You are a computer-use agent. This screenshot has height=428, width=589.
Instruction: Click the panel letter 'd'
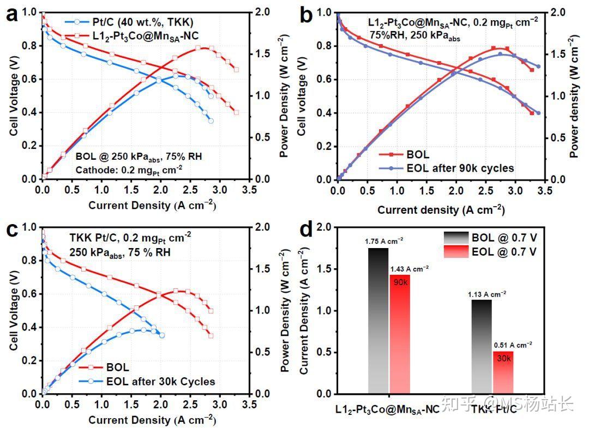point(307,229)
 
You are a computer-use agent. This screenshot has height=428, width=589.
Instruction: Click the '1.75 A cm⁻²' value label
point(384,240)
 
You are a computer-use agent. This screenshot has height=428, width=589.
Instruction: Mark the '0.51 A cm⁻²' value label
point(513,345)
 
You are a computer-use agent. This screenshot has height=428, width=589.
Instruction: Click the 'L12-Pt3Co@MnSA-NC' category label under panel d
point(386,409)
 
